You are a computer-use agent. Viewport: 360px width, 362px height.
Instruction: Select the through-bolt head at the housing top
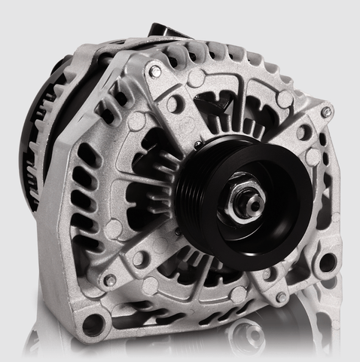[x=155, y=72]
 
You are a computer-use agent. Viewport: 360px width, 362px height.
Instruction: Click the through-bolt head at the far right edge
[x=325, y=111]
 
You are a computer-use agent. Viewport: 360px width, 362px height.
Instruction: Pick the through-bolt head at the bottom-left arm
[x=111, y=280]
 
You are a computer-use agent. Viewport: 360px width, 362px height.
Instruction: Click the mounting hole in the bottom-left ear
[x=93, y=325]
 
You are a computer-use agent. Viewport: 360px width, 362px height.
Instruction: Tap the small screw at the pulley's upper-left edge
[x=197, y=144]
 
